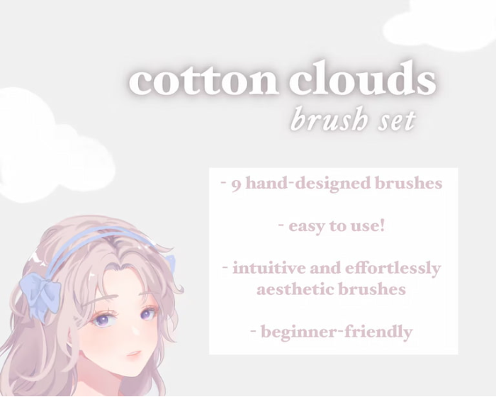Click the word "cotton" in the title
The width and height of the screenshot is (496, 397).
click(203, 80)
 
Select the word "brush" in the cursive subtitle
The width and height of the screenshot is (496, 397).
click(328, 120)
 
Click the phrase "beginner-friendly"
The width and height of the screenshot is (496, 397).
click(337, 332)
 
